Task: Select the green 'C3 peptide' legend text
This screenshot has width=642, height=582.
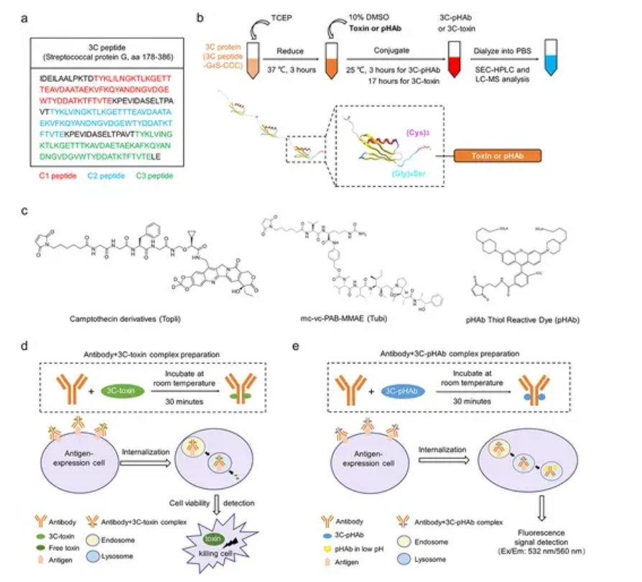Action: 161,175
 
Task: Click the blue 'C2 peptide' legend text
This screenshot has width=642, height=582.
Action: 107,175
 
